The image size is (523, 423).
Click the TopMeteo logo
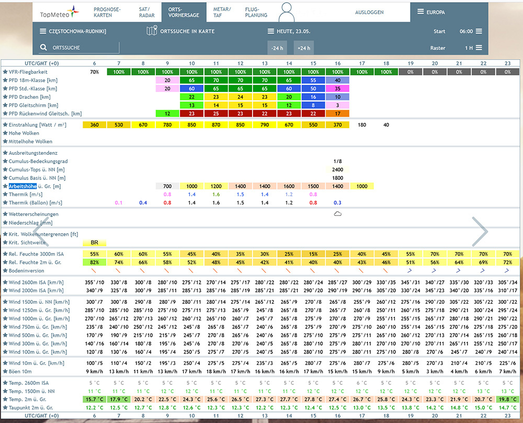tap(60, 13)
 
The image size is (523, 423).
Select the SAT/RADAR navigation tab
tap(147, 13)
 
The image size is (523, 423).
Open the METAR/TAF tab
tap(222, 13)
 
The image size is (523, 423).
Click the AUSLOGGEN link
tap(369, 13)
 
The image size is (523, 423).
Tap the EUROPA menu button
tap(431, 12)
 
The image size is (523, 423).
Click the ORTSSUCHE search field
tap(79, 48)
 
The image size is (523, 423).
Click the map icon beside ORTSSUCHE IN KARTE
tap(152, 31)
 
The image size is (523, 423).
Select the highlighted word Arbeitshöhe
tap(22, 186)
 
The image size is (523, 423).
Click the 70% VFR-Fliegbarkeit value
tap(94, 72)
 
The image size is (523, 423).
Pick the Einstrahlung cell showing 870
tap(216, 124)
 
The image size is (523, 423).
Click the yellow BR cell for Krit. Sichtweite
tap(94, 243)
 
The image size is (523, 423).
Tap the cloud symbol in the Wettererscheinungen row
tap(337, 214)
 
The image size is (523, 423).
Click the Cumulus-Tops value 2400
tap(337, 169)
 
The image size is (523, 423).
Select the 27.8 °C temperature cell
tap(313, 399)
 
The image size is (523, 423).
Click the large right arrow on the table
tap(480, 231)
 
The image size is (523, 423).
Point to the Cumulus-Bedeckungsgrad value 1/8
tap(337, 162)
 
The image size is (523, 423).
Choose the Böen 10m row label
tap(20, 372)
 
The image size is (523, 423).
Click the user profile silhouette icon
tap(286, 13)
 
